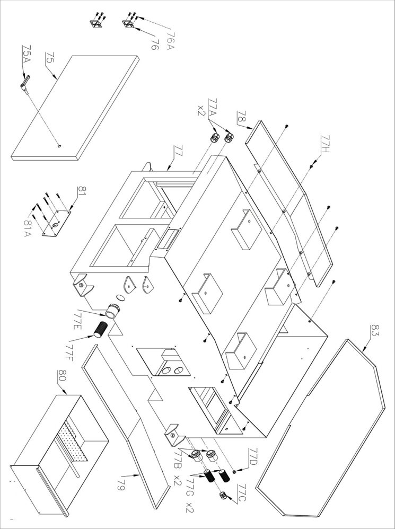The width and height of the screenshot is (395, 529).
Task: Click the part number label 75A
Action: (x=26, y=54)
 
